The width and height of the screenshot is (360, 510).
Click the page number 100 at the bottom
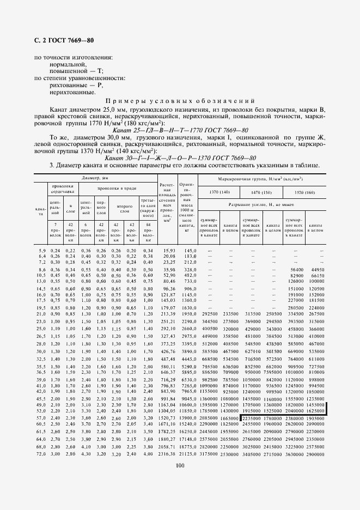pos(180,465)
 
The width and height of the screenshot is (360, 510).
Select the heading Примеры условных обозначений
pos(180,101)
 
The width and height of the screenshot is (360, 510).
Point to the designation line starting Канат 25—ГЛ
pos(180,130)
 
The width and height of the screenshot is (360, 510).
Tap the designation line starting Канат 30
pos(180,158)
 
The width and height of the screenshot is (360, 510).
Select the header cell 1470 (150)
pos(262,192)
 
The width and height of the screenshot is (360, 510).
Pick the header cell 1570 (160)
pos(304,192)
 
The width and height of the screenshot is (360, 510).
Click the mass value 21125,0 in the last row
pos(186,454)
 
